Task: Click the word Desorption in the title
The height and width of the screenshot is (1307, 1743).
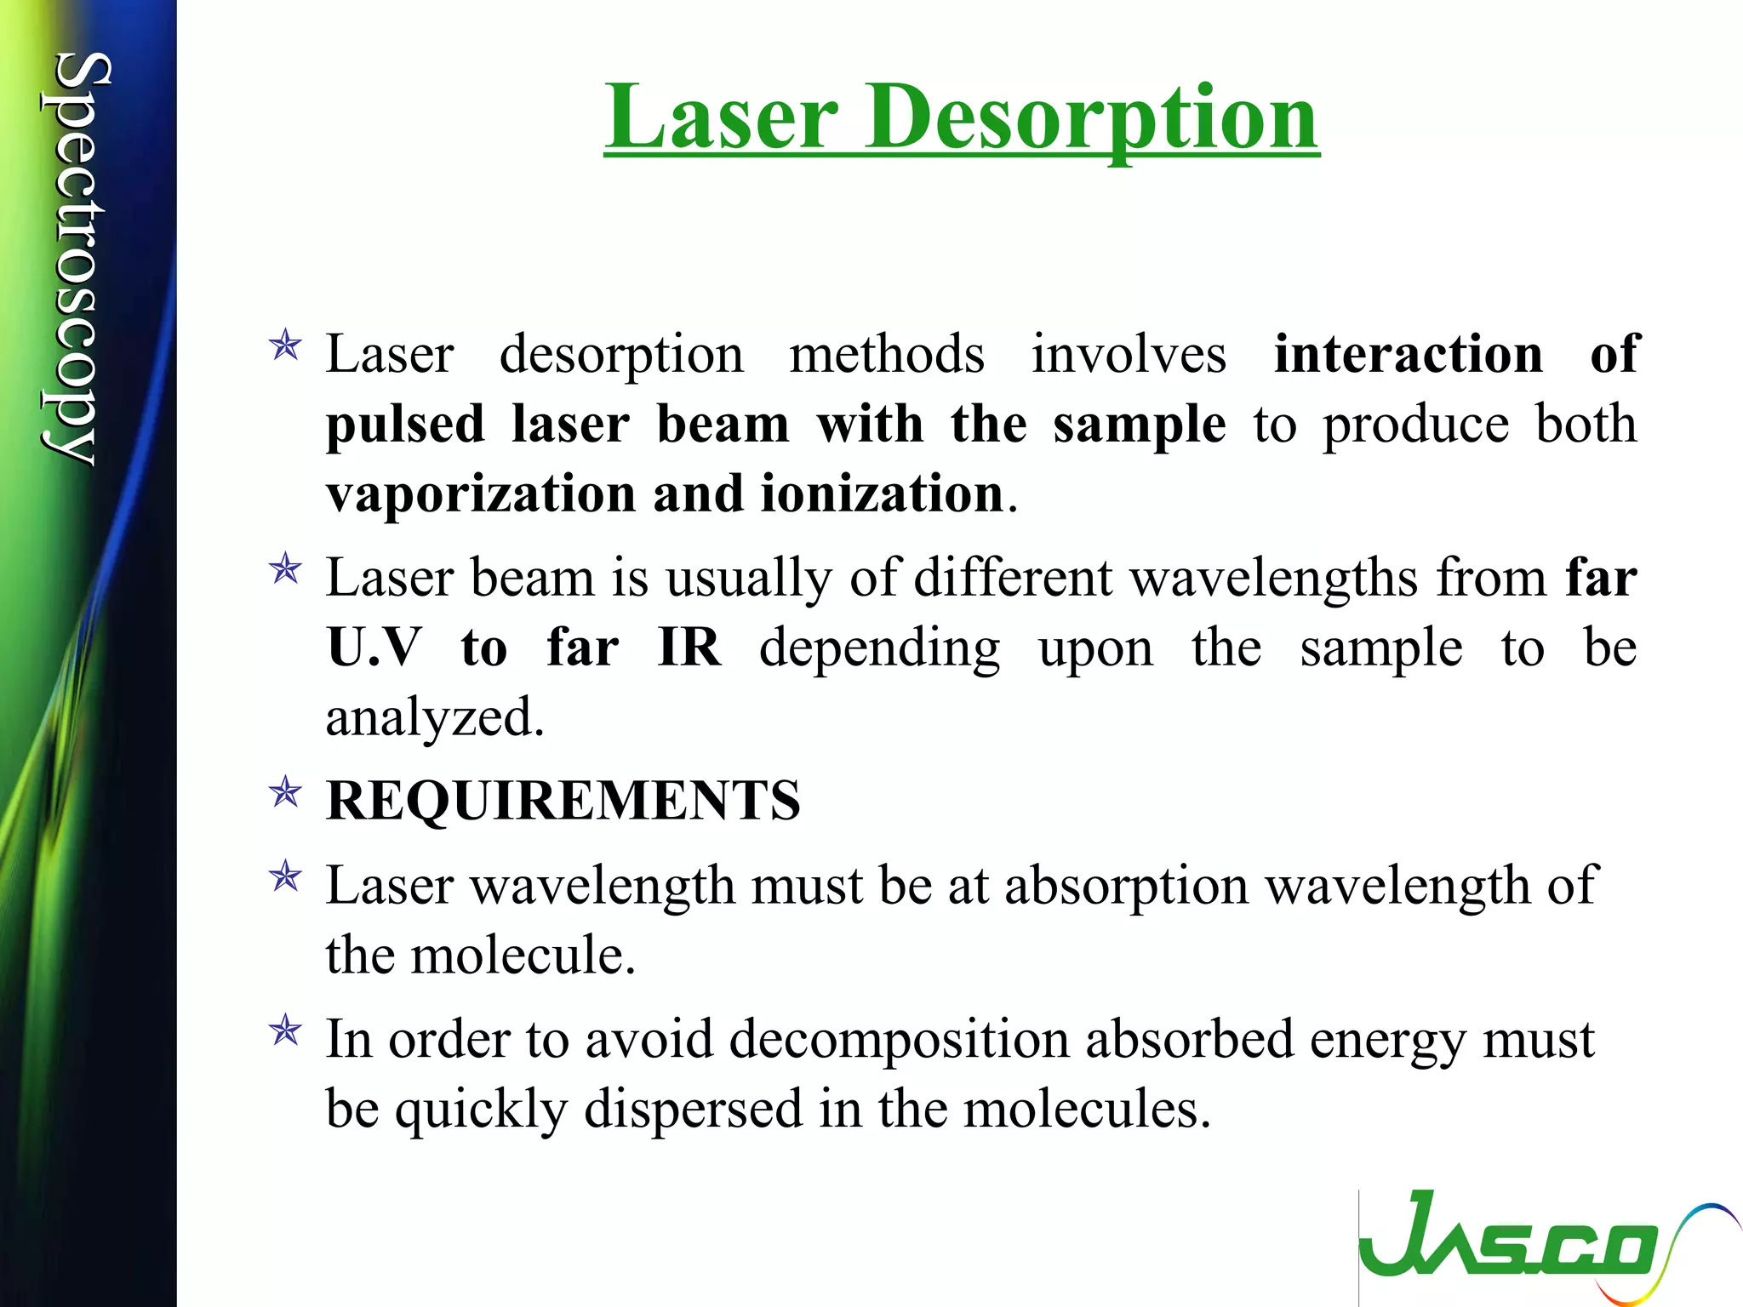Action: [x=1093, y=118]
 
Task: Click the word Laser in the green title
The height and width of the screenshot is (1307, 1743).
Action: [x=723, y=118]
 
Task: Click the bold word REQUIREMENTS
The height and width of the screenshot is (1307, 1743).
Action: [x=563, y=801]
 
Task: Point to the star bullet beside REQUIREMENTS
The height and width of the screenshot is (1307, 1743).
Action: [x=285, y=793]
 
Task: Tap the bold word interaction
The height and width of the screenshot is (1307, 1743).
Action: [x=1408, y=354]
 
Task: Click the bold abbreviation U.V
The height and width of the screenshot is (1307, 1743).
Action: [x=374, y=648]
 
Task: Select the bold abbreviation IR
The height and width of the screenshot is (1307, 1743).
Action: [x=689, y=648]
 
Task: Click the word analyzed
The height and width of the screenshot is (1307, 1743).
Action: [x=434, y=717]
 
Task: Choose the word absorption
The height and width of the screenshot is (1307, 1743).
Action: [x=1127, y=886]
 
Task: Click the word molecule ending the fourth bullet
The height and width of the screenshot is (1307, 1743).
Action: [x=523, y=956]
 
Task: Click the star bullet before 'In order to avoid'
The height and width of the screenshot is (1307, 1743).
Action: [x=285, y=1031]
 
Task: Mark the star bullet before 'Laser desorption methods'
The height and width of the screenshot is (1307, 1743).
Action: [x=285, y=346]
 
